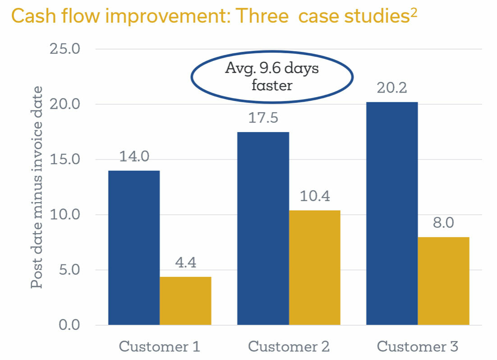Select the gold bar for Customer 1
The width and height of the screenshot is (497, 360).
pyautogui.click(x=185, y=300)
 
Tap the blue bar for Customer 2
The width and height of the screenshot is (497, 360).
pyautogui.click(x=263, y=228)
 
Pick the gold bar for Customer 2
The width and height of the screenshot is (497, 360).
pyautogui.click(x=314, y=267)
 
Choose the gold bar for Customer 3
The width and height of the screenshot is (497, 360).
pyautogui.click(x=443, y=281)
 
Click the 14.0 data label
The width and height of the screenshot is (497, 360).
pyautogui.click(x=134, y=157)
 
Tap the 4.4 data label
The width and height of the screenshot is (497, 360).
pyautogui.click(x=185, y=263)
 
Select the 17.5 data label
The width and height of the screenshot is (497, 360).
pyautogui.click(x=263, y=118)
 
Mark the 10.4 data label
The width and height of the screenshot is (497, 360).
pyautogui.click(x=314, y=196)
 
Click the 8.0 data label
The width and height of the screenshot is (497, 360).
pyautogui.click(x=443, y=223)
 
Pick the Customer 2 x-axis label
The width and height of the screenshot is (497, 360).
pyautogui.click(x=289, y=346)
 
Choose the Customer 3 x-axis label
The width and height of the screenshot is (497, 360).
pyautogui.click(x=417, y=346)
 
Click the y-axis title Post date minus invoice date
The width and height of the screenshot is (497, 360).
pyautogui.click(x=37, y=187)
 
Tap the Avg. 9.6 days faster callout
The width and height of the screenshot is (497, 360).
pyautogui.click(x=272, y=77)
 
